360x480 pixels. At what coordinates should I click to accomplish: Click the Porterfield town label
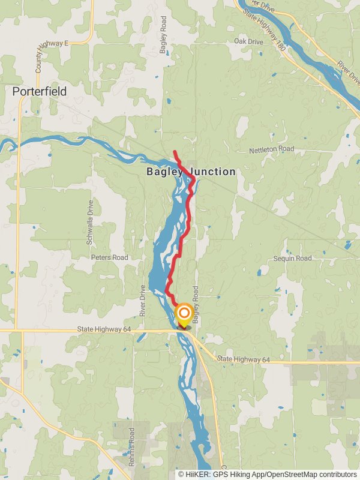(40, 92)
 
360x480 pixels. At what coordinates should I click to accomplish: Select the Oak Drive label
(248, 41)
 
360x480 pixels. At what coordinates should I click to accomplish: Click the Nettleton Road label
(272, 149)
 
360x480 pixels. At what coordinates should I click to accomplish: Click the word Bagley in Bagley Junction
(164, 172)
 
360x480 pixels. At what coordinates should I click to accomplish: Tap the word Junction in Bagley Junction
(213, 172)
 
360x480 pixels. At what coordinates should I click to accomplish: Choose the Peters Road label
(109, 257)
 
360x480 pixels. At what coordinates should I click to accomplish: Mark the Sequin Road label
(292, 258)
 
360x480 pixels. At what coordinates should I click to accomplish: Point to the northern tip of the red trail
(174, 151)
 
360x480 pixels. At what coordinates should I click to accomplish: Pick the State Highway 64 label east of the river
(244, 359)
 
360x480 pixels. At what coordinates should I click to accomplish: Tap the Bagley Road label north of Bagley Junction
(163, 35)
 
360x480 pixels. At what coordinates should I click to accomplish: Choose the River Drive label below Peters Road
(143, 300)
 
